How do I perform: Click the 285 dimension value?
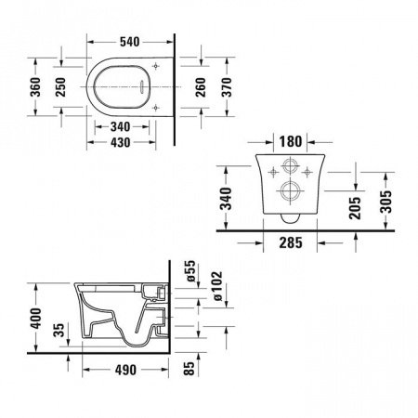pyautogui.click(x=292, y=246)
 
